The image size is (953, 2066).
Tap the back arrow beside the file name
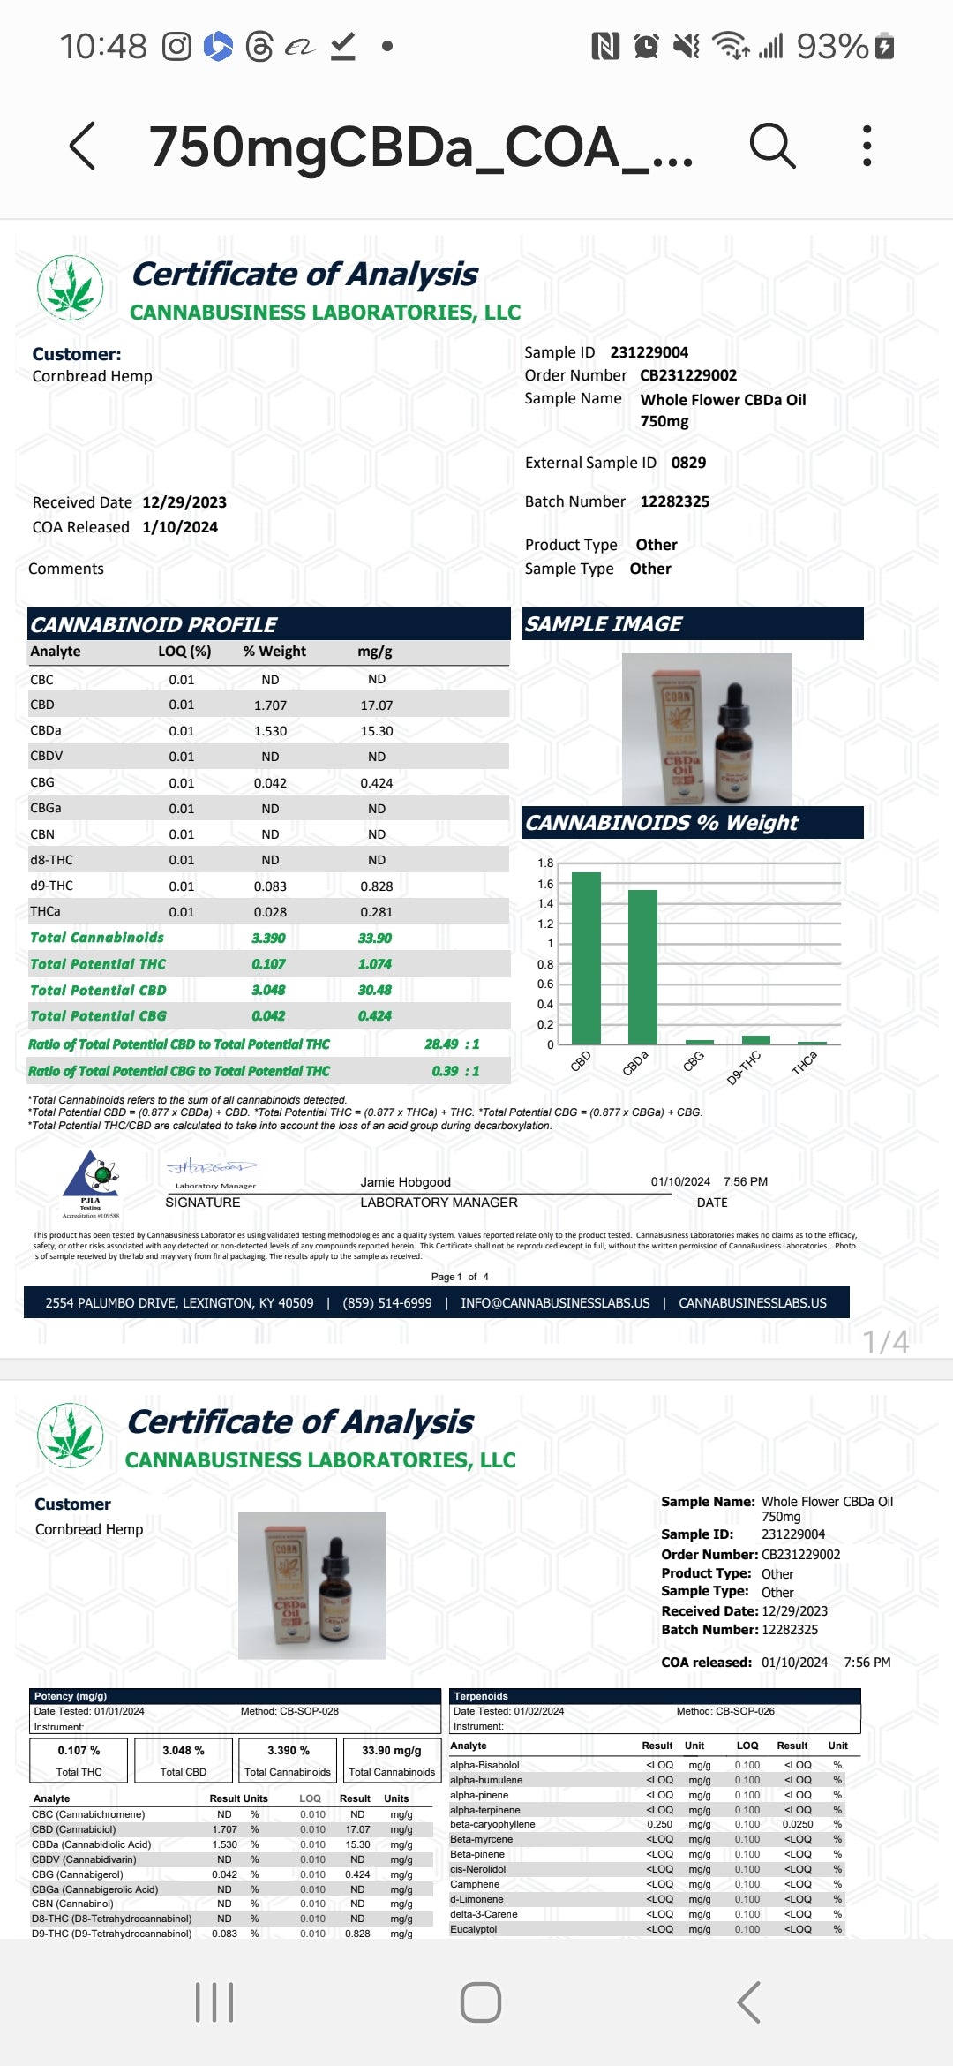82,146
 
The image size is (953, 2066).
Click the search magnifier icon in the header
772,146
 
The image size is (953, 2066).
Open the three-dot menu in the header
867,146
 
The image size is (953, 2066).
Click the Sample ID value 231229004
649,352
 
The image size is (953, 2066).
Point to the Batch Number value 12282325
674,501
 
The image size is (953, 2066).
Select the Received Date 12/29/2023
184,502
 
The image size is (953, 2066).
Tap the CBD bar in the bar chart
586,958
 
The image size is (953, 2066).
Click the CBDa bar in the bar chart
642,967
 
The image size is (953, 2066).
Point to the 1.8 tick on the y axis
545,863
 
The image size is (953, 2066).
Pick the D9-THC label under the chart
743,1067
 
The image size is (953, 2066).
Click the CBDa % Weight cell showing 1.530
270,731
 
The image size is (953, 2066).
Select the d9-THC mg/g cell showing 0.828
376,886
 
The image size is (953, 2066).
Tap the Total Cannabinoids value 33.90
375,938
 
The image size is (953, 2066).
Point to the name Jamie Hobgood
405,1182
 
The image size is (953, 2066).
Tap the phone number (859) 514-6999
387,1303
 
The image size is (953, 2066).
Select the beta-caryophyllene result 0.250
659,1824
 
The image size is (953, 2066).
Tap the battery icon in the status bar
884,46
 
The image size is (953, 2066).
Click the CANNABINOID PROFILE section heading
154,624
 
